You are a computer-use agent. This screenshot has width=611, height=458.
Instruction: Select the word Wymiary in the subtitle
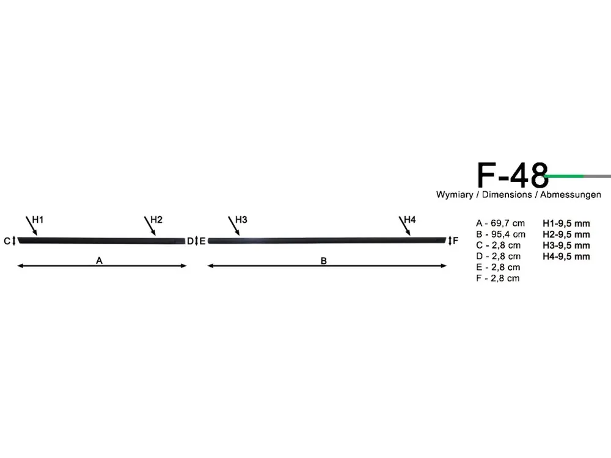coord(455,195)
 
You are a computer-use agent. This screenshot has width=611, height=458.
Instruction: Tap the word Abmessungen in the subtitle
coord(571,194)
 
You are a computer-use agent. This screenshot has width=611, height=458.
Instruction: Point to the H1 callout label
coord(38,220)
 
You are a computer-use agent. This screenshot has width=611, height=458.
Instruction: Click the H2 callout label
coord(156,220)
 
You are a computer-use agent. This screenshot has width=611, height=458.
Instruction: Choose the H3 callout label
coord(241,220)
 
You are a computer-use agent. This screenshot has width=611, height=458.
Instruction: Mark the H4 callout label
coord(410,220)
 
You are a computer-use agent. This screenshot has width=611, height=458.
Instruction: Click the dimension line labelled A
coord(102,266)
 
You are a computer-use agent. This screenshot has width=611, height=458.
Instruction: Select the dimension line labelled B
coord(327,266)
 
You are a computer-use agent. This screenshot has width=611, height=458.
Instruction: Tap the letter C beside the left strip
coord(7,241)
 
